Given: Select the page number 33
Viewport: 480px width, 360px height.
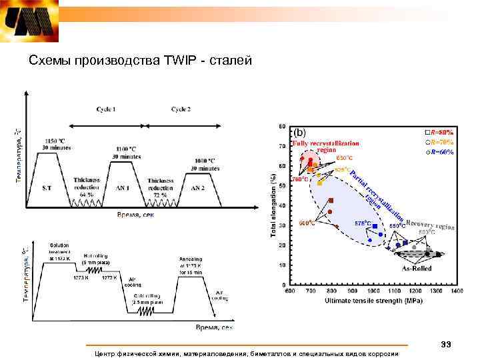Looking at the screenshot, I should tap(446, 344).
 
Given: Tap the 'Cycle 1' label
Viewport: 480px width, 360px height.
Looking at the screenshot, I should tap(106, 109).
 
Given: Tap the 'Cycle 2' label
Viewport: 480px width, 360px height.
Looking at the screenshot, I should tap(181, 109).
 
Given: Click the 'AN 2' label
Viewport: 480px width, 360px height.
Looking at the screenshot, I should tap(199, 189).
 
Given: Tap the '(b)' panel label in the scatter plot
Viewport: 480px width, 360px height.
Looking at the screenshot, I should tap(301, 132).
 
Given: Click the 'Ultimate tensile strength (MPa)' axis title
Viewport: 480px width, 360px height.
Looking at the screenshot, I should tap(375, 301).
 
